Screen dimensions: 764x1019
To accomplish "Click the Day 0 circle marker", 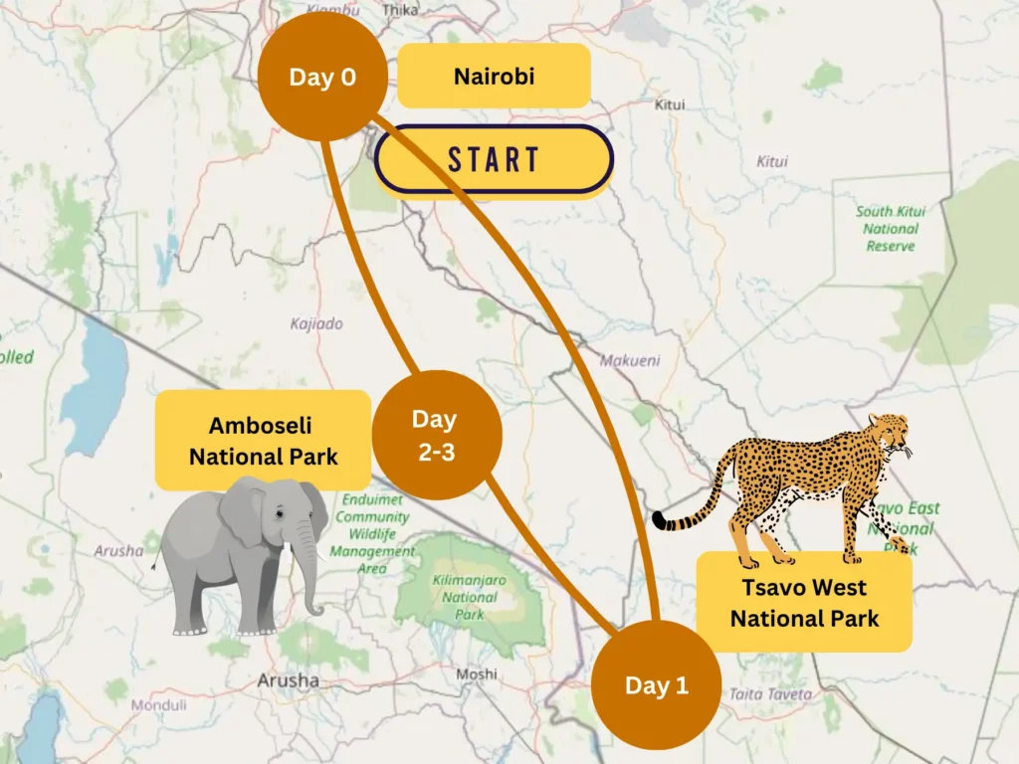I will coord(321,77).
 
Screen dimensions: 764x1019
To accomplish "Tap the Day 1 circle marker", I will coord(656,685).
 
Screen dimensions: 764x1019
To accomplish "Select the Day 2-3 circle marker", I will coord(436,435).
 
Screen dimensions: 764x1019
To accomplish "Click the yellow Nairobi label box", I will coord(494,76).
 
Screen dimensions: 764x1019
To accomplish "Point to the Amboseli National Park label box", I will coord(263,441).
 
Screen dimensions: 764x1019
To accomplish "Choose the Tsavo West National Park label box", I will coord(804,602).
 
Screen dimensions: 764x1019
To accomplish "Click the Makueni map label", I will coord(629,361).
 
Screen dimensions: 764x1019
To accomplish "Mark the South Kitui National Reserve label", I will coord(890,229).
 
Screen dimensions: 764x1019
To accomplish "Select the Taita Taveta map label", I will coord(770,694).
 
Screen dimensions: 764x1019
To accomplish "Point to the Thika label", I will coord(400,9).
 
